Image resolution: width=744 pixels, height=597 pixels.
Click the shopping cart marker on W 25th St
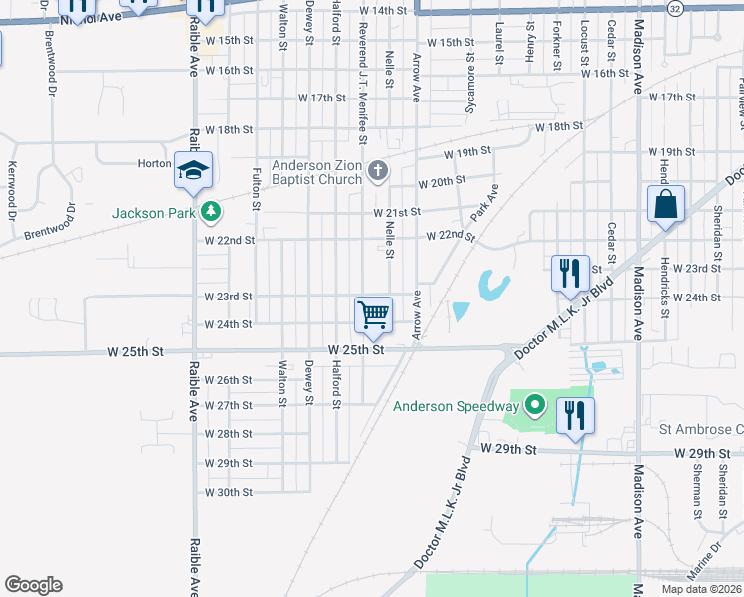[x=373, y=315]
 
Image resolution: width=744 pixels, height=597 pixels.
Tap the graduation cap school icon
[x=193, y=170]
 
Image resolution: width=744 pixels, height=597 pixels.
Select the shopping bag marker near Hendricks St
[x=665, y=204]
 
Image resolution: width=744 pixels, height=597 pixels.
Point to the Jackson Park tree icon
[x=210, y=212]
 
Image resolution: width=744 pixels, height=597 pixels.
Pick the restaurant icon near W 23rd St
[x=568, y=273]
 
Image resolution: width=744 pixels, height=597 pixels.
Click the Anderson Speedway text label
[x=456, y=406]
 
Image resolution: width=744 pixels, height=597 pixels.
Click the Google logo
[x=33, y=585]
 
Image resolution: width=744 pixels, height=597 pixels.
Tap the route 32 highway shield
[x=675, y=8]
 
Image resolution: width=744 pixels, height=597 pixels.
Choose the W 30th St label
[x=229, y=492]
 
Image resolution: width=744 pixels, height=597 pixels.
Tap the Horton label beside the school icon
[x=154, y=164]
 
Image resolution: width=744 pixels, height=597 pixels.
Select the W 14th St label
[x=388, y=10]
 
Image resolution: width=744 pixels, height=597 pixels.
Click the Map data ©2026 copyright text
[x=701, y=589]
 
